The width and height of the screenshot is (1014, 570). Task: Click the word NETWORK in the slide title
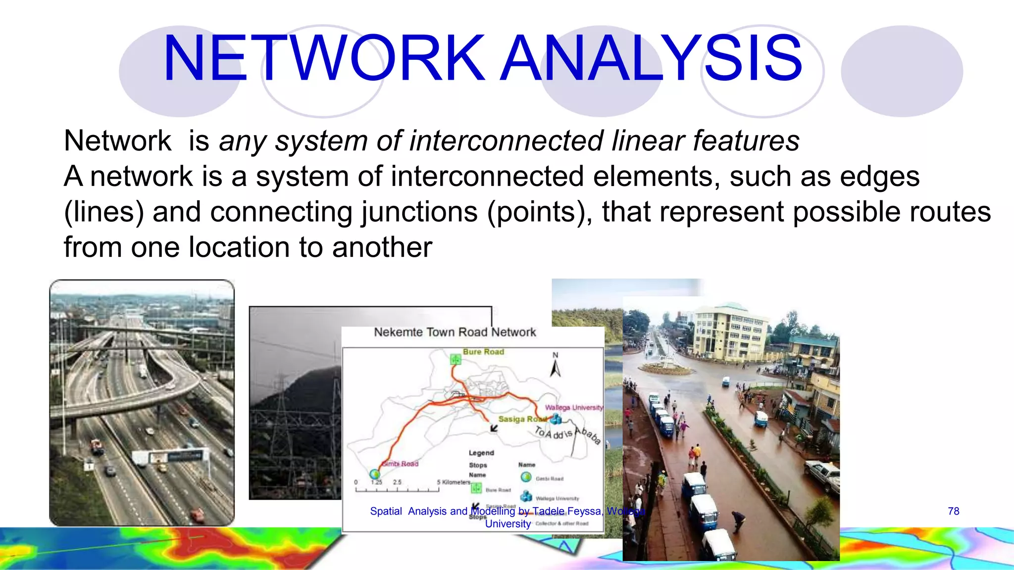tap(324, 58)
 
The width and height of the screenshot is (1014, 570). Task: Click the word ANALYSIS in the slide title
tap(651, 58)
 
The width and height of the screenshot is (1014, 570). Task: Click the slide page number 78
tap(953, 511)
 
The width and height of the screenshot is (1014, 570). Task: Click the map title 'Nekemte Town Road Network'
tap(455, 332)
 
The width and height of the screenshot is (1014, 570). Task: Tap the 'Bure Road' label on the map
tap(483, 352)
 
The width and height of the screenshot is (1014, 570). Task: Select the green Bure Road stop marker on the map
tap(456, 360)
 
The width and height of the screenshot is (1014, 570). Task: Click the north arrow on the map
tap(556, 366)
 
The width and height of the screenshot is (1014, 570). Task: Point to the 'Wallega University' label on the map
tap(574, 407)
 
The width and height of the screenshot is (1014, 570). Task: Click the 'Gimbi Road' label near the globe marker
tap(400, 464)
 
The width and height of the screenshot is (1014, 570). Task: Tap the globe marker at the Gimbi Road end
tap(375, 474)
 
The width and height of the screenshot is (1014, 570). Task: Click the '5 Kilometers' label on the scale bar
tap(453, 482)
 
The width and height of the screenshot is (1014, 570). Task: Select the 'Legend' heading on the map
tap(481, 453)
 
